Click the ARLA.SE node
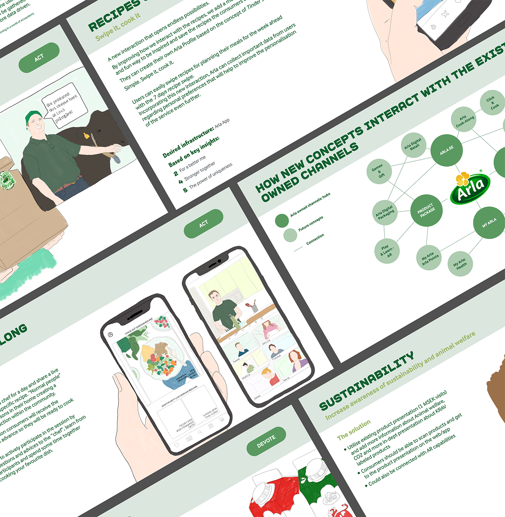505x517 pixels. pyautogui.click(x=446, y=150)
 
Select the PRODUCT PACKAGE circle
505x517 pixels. pyautogui.click(x=426, y=210)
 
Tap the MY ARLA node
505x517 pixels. pyautogui.click(x=489, y=223)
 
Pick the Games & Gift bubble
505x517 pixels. pyautogui.click(x=379, y=171)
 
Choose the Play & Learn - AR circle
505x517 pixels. pyautogui.click(x=387, y=251)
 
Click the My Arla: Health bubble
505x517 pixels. pyautogui.click(x=460, y=264)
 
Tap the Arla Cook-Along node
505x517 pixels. pyautogui.click(x=464, y=119)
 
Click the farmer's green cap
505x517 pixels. pyautogui.click(x=33, y=116)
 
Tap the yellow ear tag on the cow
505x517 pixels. pyautogui.click(x=87, y=136)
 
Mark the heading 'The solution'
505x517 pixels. pyautogui.click(x=354, y=430)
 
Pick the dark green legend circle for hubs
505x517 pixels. pyautogui.click(x=282, y=221)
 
